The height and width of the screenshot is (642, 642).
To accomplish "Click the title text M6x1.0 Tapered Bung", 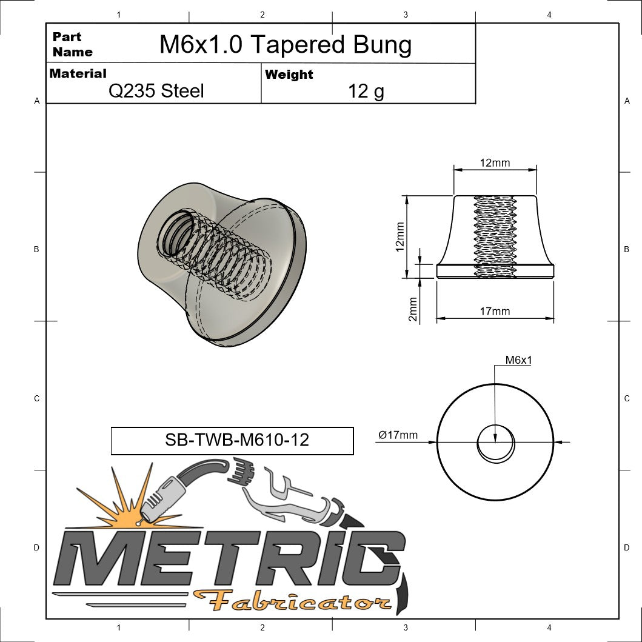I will click(285, 45).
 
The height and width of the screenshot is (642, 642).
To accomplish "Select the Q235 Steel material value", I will click(156, 91).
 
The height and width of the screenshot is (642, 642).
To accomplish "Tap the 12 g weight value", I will click(366, 91).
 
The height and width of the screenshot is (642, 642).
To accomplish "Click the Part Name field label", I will click(72, 44).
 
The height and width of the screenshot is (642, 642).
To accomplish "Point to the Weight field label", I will click(289, 75).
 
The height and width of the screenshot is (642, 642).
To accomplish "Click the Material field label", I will click(78, 73).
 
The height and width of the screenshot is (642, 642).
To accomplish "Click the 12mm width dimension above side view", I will click(495, 162).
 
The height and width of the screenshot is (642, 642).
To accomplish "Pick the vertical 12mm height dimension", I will click(400, 236).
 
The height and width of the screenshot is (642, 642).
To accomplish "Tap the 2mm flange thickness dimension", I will click(413, 309).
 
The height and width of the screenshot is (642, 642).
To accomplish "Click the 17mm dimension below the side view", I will click(495, 312).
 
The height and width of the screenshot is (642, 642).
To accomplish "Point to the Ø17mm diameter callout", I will click(398, 435).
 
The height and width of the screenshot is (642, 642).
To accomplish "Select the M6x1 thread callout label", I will click(518, 360).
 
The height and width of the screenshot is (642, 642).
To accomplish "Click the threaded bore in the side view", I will click(495, 236).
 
